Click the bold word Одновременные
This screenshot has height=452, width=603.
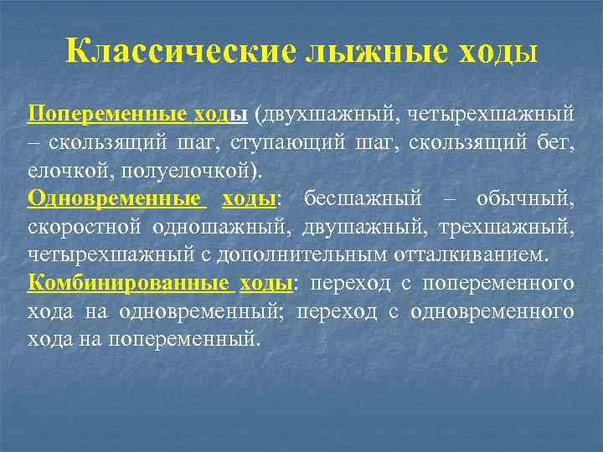coord(116,198)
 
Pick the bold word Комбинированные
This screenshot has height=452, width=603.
coord(129,283)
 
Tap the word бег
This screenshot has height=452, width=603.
coord(555,141)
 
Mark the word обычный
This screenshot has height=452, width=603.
coord(524,198)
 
